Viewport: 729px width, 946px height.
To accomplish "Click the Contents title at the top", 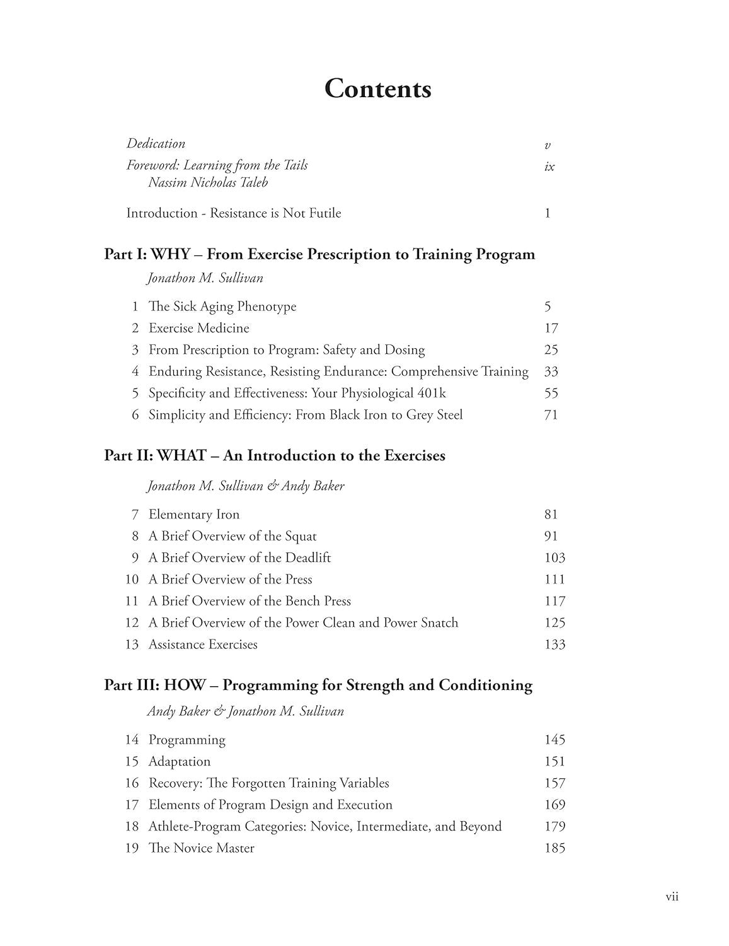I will tap(377, 89).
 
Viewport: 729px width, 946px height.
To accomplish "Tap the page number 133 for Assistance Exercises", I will tap(554, 645).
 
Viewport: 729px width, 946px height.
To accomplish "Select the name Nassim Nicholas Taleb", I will tap(208, 183).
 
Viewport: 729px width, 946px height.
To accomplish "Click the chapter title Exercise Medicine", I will tap(198, 328).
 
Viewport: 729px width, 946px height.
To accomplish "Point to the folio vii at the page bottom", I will tap(672, 897).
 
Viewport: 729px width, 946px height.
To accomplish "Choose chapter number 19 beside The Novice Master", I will tap(131, 848).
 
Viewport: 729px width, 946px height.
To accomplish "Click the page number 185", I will tap(554, 848).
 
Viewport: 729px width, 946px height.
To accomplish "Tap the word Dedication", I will tap(156, 144).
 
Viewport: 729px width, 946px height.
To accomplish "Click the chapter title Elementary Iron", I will tap(193, 515).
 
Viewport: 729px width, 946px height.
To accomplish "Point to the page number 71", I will tap(551, 415).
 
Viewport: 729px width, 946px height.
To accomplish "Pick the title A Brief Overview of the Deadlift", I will tap(239, 558).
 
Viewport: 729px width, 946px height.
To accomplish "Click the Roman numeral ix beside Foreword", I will tap(549, 167).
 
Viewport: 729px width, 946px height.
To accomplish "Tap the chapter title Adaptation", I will tap(179, 761).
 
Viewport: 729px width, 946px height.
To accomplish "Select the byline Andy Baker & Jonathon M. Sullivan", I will tap(246, 711).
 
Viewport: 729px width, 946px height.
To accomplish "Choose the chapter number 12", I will tap(131, 623).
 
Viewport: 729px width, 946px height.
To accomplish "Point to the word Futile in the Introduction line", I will tap(324, 213).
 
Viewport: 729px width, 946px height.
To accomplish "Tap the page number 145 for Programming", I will tap(554, 740).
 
